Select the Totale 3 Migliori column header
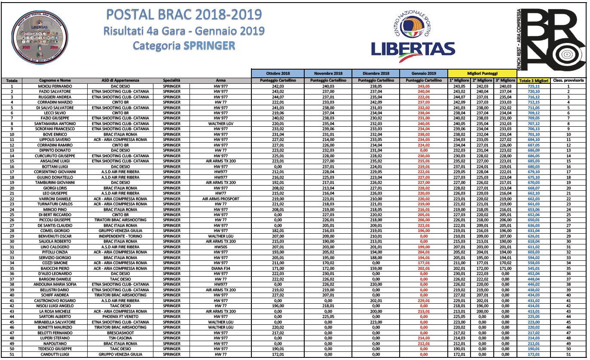pos(534,81)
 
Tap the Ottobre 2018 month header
pos(278,73)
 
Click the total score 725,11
pos(534,86)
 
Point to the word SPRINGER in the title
pos(210,45)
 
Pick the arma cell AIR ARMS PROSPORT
pos(220,198)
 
